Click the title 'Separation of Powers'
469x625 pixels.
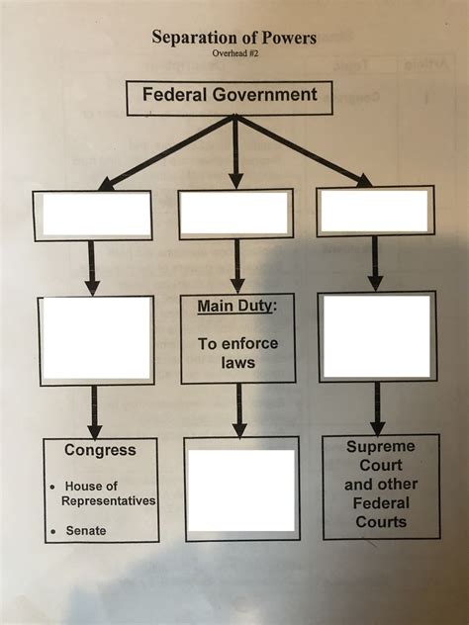pyautogui.click(x=234, y=38)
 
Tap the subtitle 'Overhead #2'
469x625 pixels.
pyautogui.click(x=235, y=53)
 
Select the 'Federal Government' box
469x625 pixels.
pyautogui.click(x=230, y=98)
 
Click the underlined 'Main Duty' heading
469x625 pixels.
pyautogui.click(x=236, y=307)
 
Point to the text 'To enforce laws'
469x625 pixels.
pyautogui.click(x=238, y=353)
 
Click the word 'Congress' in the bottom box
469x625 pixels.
pyautogui.click(x=100, y=450)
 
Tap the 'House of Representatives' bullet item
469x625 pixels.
pyautogui.click(x=105, y=493)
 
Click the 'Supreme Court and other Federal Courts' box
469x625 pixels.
pyautogui.click(x=381, y=487)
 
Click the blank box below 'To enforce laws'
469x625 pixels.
pyautogui.click(x=242, y=490)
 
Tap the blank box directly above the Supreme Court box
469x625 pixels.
pyautogui.click(x=377, y=336)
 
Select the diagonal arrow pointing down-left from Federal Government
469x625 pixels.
pyautogui.click(x=166, y=152)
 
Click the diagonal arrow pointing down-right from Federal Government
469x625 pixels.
pyautogui.click(x=304, y=150)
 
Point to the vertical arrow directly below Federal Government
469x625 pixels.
pyautogui.click(x=236, y=151)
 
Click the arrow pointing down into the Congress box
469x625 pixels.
pyautogui.click(x=95, y=412)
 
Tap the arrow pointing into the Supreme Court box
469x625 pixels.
pyautogui.click(x=377, y=408)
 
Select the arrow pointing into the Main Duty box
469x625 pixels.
pyautogui.click(x=237, y=266)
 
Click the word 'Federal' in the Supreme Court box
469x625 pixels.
pyautogui.click(x=381, y=503)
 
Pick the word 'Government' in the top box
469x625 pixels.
pyautogui.click(x=265, y=95)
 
